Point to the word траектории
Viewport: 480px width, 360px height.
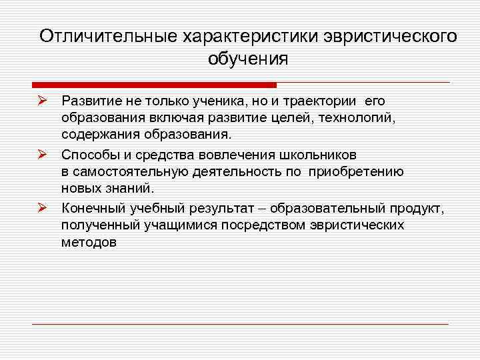pyautogui.click(x=319, y=101)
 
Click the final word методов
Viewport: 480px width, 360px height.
pyautogui.click(x=89, y=243)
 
